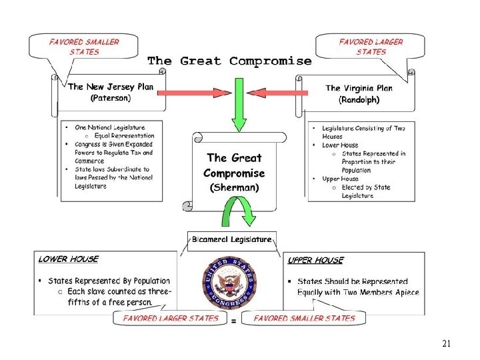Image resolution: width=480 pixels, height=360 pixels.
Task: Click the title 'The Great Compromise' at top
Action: [229, 61]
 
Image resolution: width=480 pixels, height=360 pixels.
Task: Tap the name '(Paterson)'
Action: [111, 98]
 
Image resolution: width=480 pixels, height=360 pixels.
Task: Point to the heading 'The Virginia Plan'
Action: [359, 88]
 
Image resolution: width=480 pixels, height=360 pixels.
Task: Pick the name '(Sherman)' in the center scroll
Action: [233, 187]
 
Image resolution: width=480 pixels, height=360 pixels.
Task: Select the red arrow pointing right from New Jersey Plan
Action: [189, 92]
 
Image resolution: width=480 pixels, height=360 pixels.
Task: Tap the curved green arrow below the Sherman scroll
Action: [239, 215]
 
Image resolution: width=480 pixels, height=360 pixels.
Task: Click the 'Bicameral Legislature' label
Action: [231, 239]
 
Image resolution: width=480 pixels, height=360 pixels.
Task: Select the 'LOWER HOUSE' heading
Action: [68, 259]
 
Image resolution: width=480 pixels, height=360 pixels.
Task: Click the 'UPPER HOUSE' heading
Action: [316, 260]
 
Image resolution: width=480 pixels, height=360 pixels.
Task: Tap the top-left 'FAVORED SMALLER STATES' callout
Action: [83, 47]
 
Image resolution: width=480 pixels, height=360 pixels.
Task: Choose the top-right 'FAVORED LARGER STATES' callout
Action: [371, 47]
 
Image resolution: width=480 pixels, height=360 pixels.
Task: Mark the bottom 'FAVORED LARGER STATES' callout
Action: [171, 318]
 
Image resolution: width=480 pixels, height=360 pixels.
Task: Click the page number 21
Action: [447, 344]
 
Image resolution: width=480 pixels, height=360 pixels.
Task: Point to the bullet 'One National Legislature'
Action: [110, 127]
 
